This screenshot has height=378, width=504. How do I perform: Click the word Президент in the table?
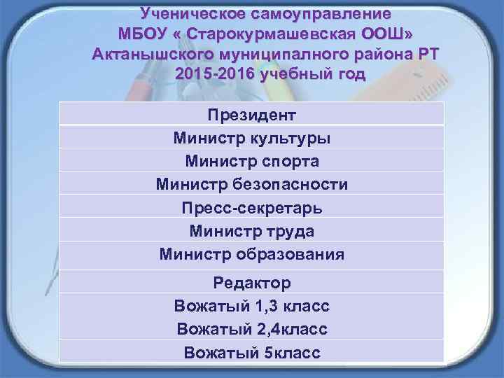252,115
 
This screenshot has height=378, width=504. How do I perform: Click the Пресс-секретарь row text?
252,207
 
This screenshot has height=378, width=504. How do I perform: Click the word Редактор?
252,283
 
